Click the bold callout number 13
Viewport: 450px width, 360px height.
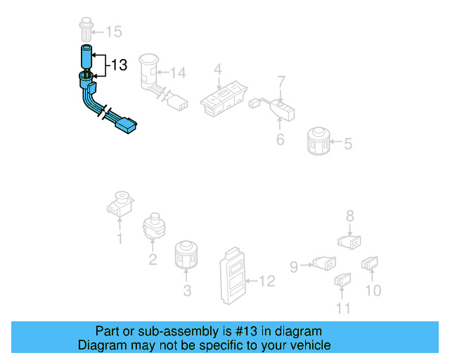tap(119, 65)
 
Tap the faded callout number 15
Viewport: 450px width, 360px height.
tap(114, 32)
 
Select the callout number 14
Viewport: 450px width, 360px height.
tap(178, 72)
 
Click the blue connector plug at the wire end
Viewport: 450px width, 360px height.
tap(126, 125)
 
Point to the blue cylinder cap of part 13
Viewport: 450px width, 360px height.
tap(86, 57)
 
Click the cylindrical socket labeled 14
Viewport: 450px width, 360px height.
tap(148, 71)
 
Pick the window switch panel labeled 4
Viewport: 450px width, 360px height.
tap(224, 99)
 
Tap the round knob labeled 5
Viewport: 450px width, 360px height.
tap(318, 141)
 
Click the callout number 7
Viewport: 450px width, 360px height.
tap(281, 82)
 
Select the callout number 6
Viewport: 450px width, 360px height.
tap(280, 139)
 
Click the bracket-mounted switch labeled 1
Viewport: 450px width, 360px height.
tap(120, 204)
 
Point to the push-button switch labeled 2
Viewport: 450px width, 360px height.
tap(154, 226)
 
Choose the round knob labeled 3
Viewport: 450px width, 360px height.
tap(186, 255)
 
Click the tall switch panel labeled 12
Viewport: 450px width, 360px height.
tap(233, 276)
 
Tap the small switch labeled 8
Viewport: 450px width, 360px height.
tap(349, 242)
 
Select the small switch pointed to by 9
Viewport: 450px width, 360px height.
tap(324, 263)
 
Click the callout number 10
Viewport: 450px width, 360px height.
tap(373, 290)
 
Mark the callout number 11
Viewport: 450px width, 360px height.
tap(343, 309)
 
